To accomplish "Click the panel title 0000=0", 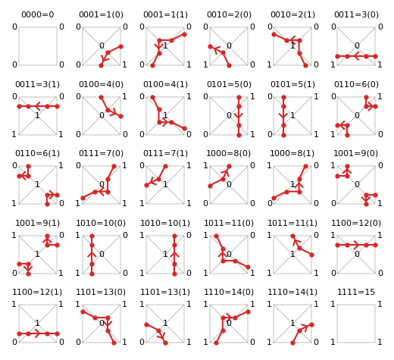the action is pyautogui.click(x=38, y=14).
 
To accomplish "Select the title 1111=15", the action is pyautogui.click(x=356, y=292).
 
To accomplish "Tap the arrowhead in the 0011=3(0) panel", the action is pyautogui.click(x=356, y=56).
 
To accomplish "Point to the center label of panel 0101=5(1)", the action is pyautogui.click(x=292, y=115).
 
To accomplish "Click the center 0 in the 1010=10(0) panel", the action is pyautogui.click(x=102, y=254).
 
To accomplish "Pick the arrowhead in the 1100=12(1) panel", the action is pyautogui.click(x=37, y=333).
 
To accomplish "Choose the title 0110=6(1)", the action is pyautogui.click(x=38, y=153).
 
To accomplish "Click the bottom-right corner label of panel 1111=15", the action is pyautogui.click(x=380, y=342).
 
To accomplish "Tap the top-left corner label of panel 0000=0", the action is pyautogui.click(x=14, y=27).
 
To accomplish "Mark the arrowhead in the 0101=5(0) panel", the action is pyautogui.click(x=239, y=116).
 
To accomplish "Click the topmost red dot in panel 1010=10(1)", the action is pyautogui.click(x=174, y=236).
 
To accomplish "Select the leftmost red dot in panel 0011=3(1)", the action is pyautogui.click(x=19, y=106).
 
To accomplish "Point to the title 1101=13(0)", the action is pyautogui.click(x=101, y=292).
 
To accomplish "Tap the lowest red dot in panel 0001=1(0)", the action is pyautogui.click(x=102, y=65).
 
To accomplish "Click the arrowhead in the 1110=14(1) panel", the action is pyautogui.click(x=305, y=327).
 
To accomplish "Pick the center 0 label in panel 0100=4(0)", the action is pyautogui.click(x=102, y=115).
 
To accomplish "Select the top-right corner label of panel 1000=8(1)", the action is pyautogui.click(x=316, y=165).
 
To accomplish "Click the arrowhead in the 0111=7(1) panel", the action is pyautogui.click(x=152, y=182).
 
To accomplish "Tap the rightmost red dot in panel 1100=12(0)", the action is pyautogui.click(x=375, y=245).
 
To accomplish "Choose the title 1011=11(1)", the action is pyautogui.click(x=292, y=223).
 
